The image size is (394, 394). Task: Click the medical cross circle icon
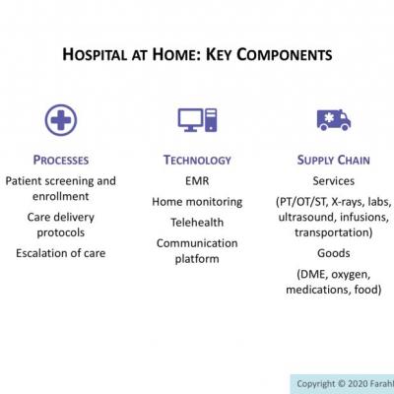(60, 120)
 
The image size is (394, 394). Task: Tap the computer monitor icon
(197, 120)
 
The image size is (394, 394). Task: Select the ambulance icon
(333, 120)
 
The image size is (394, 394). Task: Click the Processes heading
(61, 160)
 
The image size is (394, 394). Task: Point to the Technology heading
(197, 160)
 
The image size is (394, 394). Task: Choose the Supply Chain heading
(333, 160)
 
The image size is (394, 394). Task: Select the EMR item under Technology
(197, 181)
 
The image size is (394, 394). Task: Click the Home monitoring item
(197, 202)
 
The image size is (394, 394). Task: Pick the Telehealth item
(197, 223)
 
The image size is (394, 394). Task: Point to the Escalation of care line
(61, 252)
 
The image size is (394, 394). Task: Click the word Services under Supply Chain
(333, 181)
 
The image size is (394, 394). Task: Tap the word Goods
(333, 252)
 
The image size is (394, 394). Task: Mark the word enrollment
(61, 197)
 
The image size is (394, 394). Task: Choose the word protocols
(61, 232)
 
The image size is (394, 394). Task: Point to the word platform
(197, 259)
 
